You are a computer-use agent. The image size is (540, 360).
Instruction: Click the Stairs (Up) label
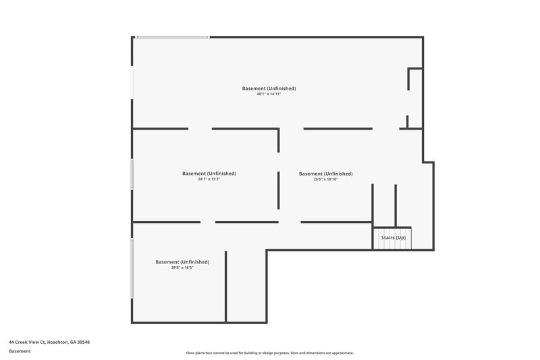coord(393,238)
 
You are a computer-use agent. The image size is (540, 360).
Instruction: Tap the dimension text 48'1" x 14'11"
coord(269,95)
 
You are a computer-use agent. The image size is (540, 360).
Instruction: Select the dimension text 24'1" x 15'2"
coord(209,179)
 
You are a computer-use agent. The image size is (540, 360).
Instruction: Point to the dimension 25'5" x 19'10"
coord(325,179)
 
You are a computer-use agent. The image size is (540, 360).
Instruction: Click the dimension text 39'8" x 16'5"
coord(182,267)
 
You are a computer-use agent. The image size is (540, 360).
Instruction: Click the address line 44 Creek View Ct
coord(26,342)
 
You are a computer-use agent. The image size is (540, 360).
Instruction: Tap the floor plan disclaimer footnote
coord(269,353)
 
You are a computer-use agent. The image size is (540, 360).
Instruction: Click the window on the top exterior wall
coord(172,36)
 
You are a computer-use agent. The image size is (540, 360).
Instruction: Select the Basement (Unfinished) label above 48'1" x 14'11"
coord(269,88)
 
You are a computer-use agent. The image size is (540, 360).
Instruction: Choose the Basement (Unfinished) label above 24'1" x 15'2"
coord(209,173)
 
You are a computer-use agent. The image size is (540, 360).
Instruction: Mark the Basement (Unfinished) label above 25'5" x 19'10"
coord(325,173)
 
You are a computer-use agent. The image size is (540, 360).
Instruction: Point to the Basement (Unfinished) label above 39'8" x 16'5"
coord(182,261)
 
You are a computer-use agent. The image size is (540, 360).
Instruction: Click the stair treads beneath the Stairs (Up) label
coord(393,245)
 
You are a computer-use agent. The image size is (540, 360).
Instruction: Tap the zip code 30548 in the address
coord(83,342)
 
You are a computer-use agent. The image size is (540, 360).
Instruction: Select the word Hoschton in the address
coord(56,342)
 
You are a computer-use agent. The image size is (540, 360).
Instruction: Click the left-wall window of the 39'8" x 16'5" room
coord(132,267)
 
